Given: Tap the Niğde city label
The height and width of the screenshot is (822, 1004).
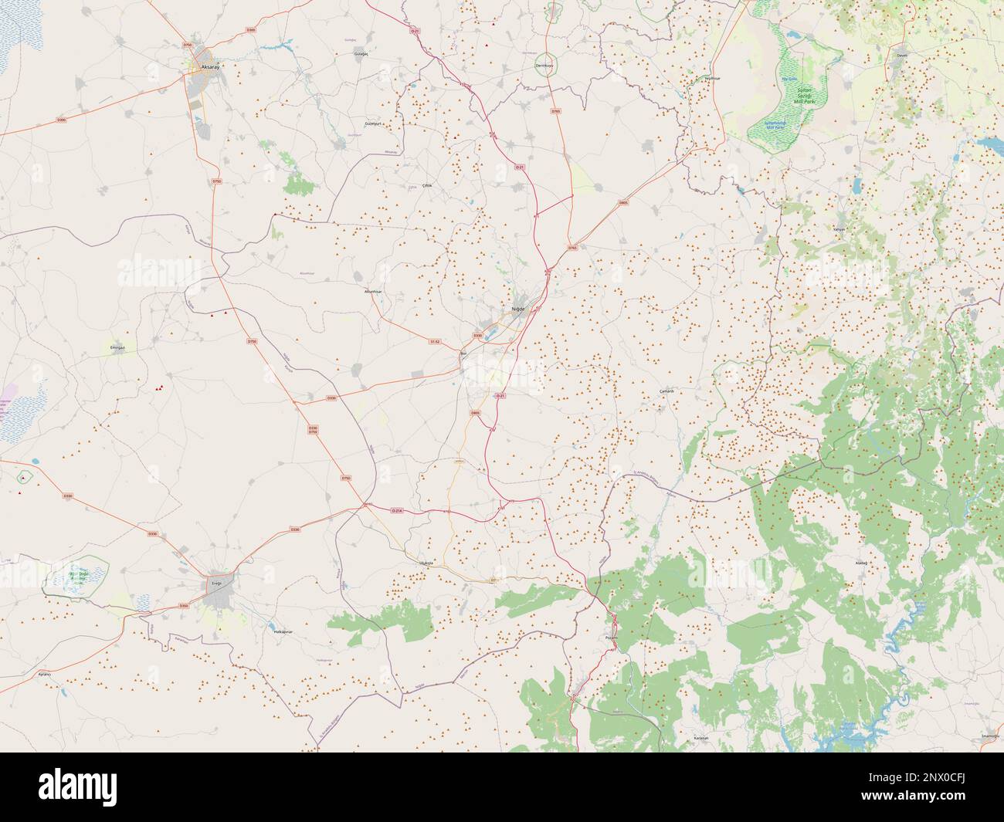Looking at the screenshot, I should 517,309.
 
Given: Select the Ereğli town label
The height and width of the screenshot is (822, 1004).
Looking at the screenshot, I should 216,584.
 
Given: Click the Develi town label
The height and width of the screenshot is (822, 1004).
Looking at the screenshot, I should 901,56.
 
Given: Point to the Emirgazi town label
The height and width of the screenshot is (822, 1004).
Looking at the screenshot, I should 118,347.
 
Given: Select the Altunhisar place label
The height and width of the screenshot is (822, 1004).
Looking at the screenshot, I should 373,292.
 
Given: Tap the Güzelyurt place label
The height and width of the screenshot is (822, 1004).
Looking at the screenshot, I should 374,123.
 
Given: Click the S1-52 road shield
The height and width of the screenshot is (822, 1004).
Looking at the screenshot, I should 434,341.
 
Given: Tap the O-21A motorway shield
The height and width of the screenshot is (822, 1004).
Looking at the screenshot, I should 398,511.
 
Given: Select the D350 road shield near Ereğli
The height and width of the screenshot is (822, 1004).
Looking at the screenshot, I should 184,606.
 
